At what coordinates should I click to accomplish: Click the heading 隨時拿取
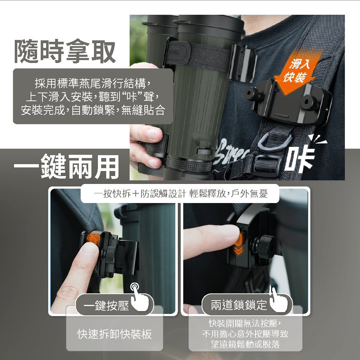(x=65, y=51)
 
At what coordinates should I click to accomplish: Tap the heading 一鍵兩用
(x=67, y=166)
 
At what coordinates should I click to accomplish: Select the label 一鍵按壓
(x=106, y=305)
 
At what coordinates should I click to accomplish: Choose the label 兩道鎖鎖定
(x=239, y=305)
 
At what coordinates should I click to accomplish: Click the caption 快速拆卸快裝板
(x=114, y=334)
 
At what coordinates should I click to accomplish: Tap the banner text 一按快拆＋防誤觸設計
(x=140, y=194)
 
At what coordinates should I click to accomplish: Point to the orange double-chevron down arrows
(x=238, y=251)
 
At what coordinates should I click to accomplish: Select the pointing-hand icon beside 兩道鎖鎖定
(x=278, y=300)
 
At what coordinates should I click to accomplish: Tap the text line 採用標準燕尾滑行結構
(x=90, y=83)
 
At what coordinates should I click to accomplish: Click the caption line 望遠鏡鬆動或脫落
(x=245, y=344)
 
